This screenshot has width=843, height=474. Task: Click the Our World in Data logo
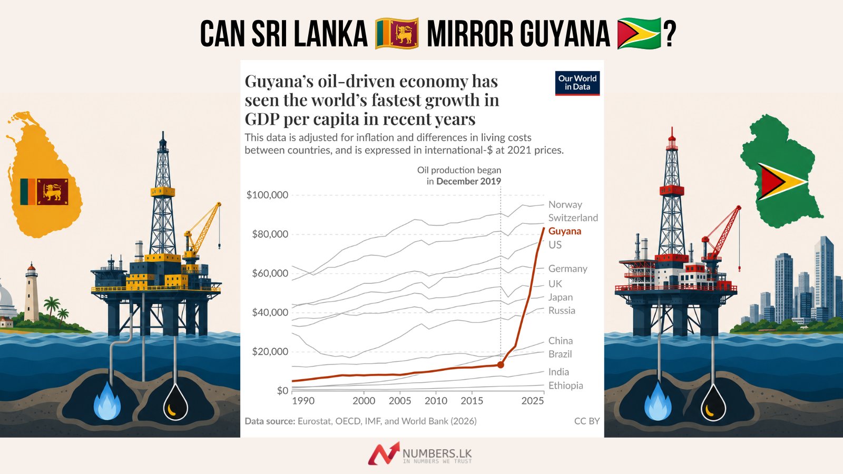point(577,83)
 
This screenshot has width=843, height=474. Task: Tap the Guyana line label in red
point(564,231)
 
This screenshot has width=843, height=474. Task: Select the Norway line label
point(565,204)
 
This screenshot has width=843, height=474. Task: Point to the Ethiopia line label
point(566,385)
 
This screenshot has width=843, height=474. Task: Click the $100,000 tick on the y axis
point(267,195)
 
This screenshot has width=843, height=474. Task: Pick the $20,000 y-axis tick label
point(270,351)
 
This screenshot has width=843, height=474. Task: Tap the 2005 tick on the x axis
point(400,401)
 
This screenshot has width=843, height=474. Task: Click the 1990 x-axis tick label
point(303,401)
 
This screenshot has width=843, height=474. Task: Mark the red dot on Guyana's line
point(501,364)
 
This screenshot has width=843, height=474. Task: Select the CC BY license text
point(587,421)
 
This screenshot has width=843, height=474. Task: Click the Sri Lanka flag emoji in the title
point(397,34)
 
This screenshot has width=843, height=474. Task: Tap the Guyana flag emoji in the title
point(640,34)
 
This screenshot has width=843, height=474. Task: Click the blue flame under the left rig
point(107,401)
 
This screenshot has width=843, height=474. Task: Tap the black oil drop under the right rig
point(713,402)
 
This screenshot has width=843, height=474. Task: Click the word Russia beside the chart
point(562,310)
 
